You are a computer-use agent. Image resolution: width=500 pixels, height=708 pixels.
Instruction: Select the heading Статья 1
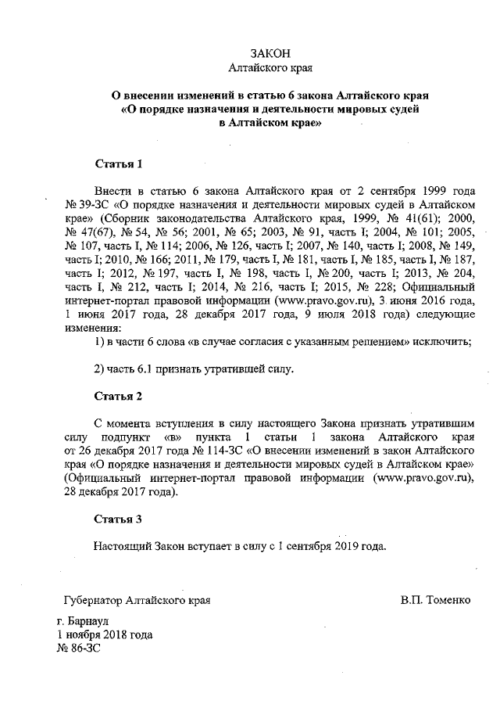[118, 164]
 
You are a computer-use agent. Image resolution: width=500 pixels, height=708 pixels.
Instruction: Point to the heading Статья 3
[118, 519]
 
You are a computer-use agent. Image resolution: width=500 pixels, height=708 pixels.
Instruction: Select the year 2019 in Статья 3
[343, 544]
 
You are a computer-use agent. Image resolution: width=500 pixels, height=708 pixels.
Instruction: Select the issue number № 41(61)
[414, 217]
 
